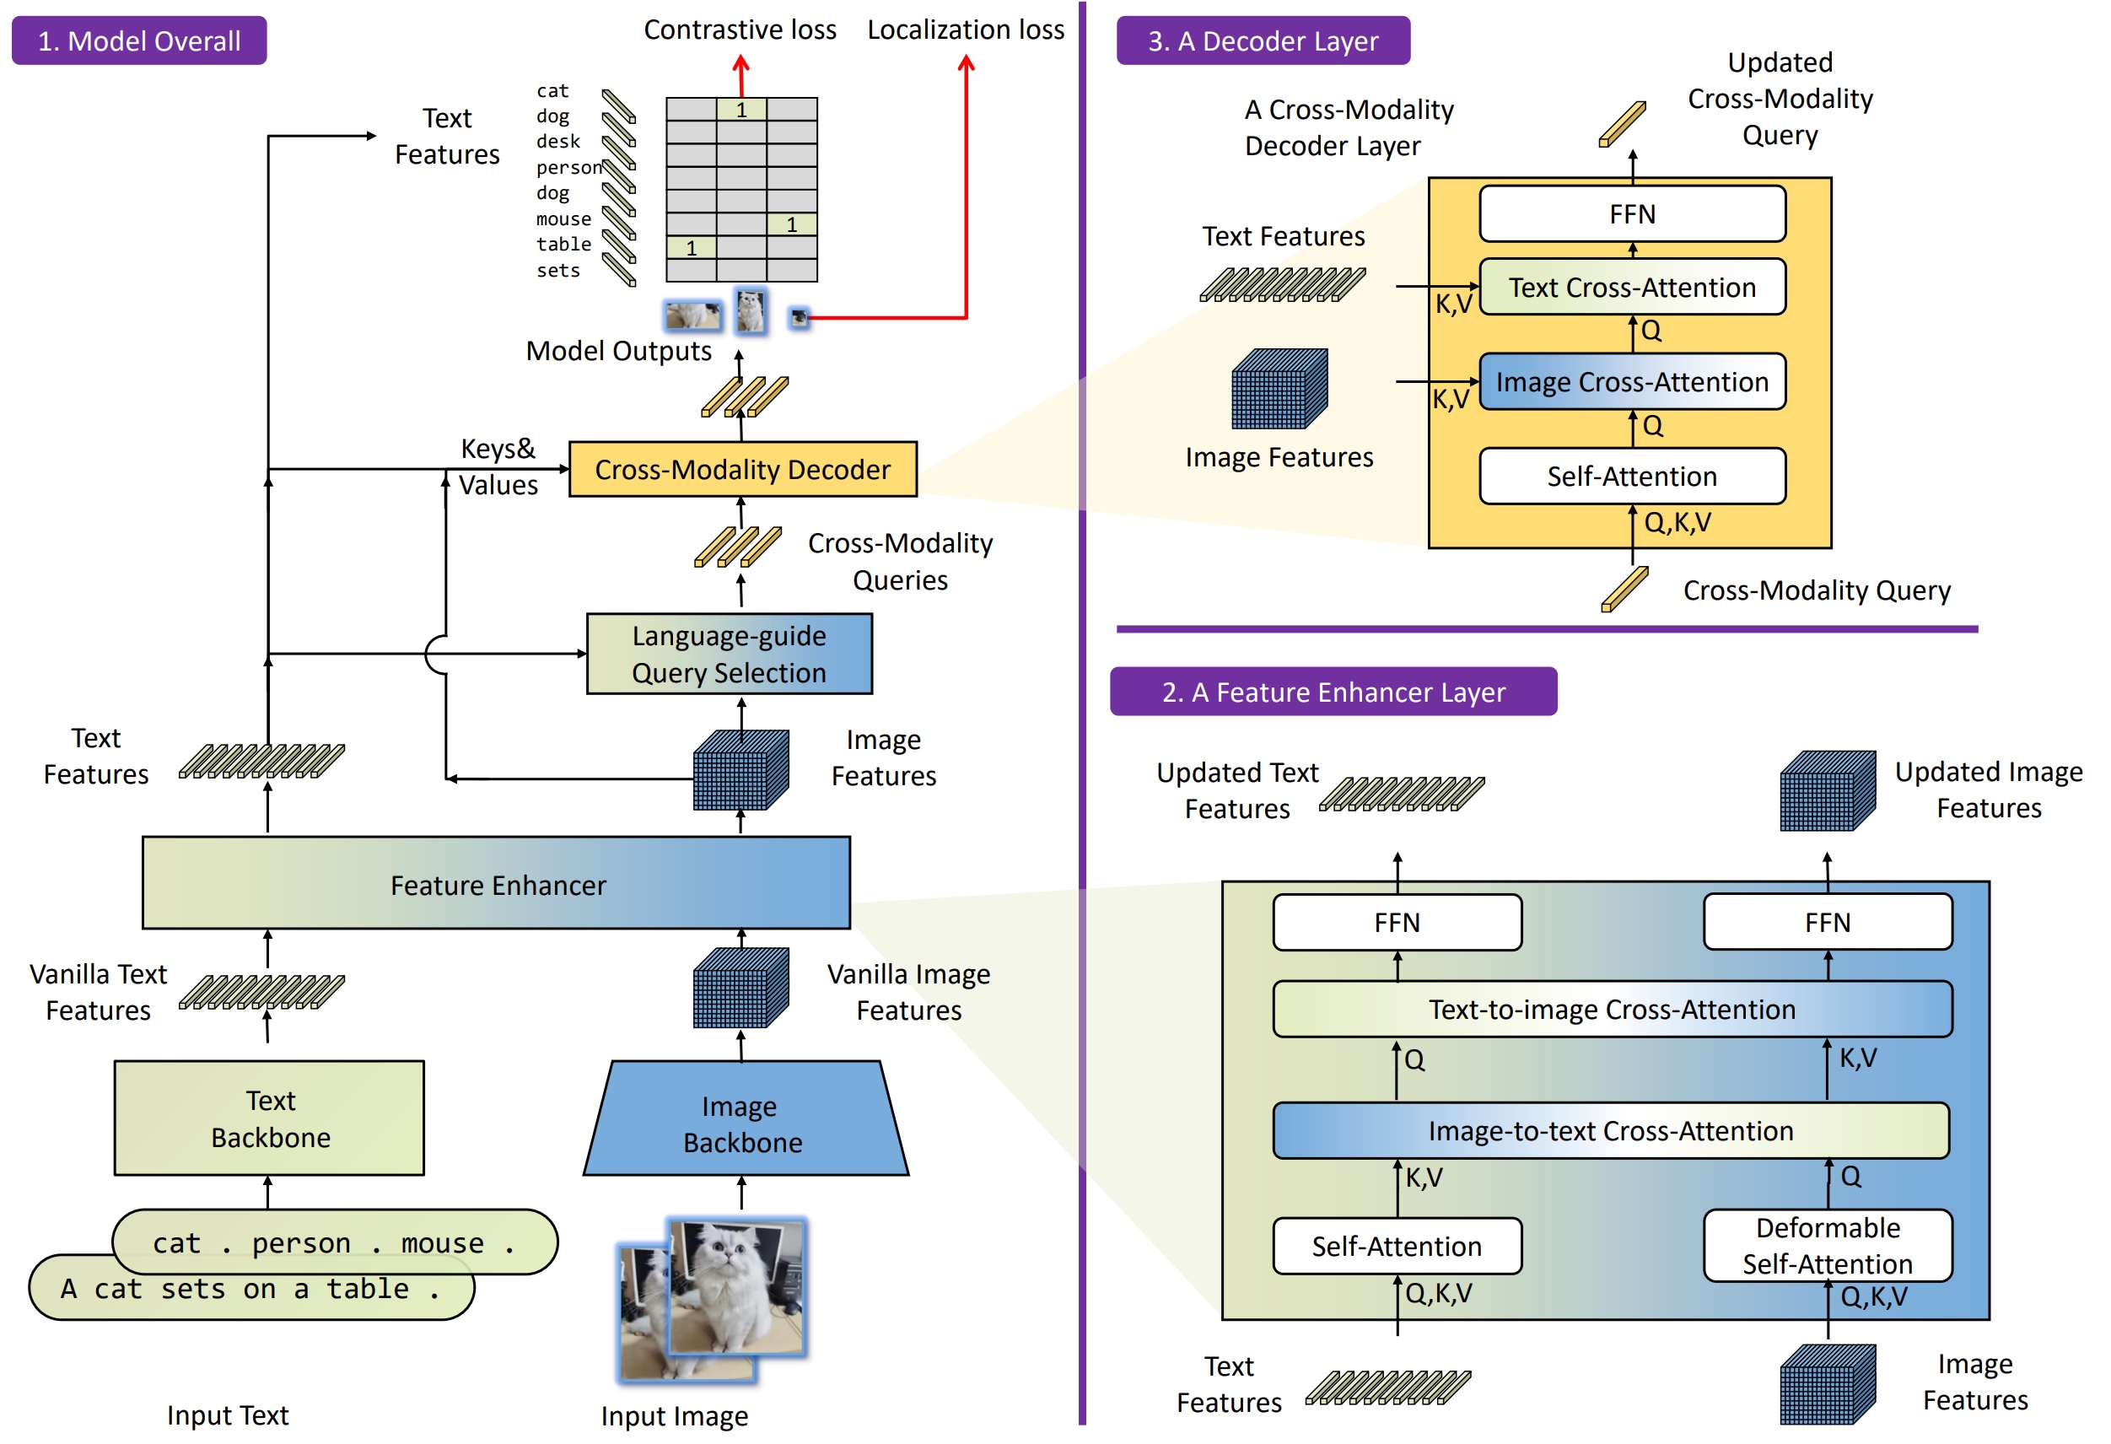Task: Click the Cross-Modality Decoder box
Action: (x=742, y=469)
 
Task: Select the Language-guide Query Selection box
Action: (x=730, y=654)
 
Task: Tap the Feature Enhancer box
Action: (x=496, y=883)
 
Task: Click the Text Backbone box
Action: (x=269, y=1118)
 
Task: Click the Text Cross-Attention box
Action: (x=1632, y=287)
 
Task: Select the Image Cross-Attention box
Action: (x=1632, y=381)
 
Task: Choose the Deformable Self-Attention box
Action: (x=1828, y=1245)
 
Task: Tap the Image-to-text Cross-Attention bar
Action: (x=1612, y=1131)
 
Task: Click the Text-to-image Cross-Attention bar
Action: (x=1613, y=1009)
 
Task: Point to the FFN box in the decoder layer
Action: (x=1632, y=213)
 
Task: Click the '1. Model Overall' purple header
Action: (x=139, y=40)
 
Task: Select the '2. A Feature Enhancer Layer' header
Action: (x=1333, y=692)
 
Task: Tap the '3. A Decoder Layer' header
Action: (x=1263, y=40)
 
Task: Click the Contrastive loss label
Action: (x=740, y=30)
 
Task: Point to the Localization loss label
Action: (x=966, y=30)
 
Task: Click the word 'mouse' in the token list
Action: (x=563, y=218)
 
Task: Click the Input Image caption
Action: (x=675, y=1416)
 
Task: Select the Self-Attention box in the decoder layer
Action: (x=1632, y=476)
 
